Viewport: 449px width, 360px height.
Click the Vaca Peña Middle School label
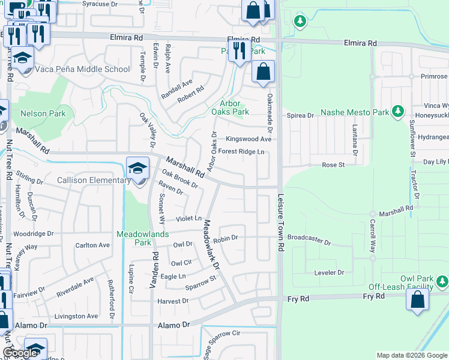[83, 69]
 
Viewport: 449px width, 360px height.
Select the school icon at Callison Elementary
[138, 169]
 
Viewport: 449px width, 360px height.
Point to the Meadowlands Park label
[134, 238]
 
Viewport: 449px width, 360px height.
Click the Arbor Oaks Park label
[230, 107]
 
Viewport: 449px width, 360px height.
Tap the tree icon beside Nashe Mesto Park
[396, 112]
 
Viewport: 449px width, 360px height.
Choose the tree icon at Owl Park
[442, 280]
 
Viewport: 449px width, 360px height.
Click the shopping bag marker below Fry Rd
[418, 299]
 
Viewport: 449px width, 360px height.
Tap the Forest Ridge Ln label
[241, 152]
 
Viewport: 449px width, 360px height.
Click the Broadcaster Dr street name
[309, 240]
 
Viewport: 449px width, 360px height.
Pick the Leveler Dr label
[328, 272]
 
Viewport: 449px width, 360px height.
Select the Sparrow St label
[200, 282]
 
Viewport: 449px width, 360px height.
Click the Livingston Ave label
[76, 316]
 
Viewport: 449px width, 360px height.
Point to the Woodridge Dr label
[34, 233]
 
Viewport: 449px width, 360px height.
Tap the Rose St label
[333, 164]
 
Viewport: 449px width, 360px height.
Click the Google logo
[20, 353]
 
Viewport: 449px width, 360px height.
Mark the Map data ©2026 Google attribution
[412, 355]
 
